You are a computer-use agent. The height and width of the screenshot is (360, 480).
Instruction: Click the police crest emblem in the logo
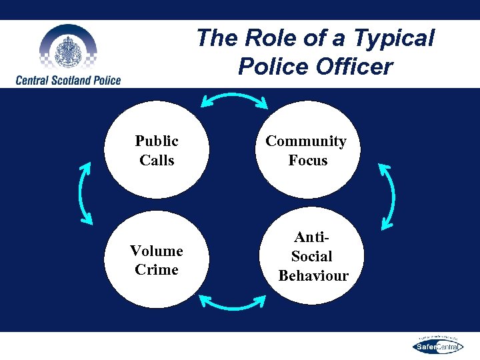[67, 50]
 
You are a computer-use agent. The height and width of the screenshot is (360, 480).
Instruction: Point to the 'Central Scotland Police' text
[68, 80]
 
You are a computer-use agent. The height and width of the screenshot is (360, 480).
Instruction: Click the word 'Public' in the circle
[157, 141]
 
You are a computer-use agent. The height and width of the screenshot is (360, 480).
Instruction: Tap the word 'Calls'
[157, 160]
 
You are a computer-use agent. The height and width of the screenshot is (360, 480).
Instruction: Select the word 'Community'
[306, 141]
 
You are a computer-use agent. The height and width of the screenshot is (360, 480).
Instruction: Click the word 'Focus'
[307, 160]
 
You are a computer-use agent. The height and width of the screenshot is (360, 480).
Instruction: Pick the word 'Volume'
[157, 251]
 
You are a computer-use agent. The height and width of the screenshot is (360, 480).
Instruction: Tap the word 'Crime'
[157, 269]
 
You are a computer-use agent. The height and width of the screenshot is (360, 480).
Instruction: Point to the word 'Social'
[311, 256]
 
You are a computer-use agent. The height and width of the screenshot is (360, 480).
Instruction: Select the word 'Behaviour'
[313, 275]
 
